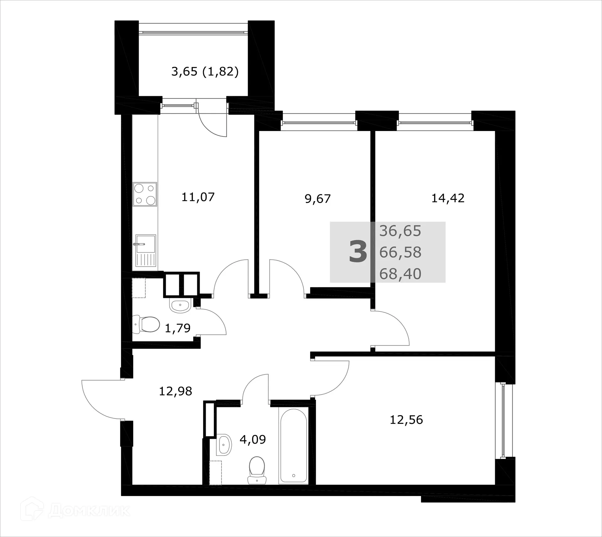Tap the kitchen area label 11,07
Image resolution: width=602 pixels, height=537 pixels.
pos(198,197)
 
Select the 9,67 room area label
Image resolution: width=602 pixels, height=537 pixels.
pos(318,199)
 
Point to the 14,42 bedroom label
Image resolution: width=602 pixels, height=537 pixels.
pos(448,198)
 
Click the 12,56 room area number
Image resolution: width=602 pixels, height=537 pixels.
pos(406,420)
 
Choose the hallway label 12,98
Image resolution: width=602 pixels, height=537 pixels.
pos(175,391)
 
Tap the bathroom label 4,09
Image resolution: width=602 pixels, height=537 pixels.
pos(252,439)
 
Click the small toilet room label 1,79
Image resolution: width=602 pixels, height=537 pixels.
pos(177,328)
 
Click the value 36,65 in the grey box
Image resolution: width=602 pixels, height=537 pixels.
pos(400,231)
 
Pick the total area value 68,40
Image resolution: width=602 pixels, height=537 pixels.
pos(400,274)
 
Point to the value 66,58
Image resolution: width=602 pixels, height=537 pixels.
pos(400,252)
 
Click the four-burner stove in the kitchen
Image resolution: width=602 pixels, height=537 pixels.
pos(145,194)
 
